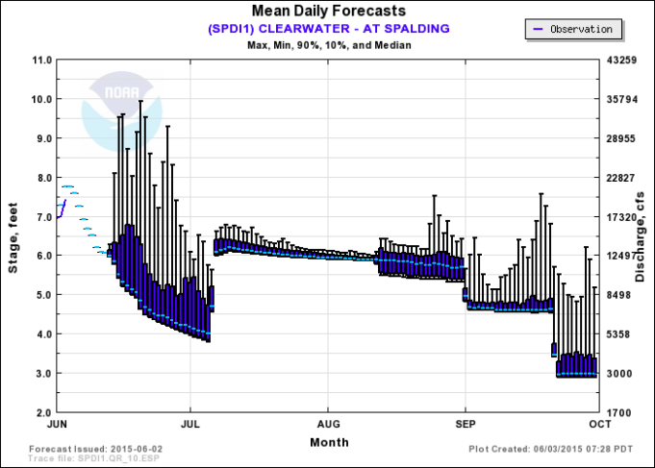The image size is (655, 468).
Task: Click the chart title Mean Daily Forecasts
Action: [328, 12]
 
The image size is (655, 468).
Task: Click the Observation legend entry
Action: [574, 29]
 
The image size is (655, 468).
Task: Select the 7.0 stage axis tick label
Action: [41, 217]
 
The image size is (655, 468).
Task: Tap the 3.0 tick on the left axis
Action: [41, 374]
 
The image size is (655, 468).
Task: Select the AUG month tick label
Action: [328, 424]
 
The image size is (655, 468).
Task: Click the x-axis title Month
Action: [329, 441]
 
